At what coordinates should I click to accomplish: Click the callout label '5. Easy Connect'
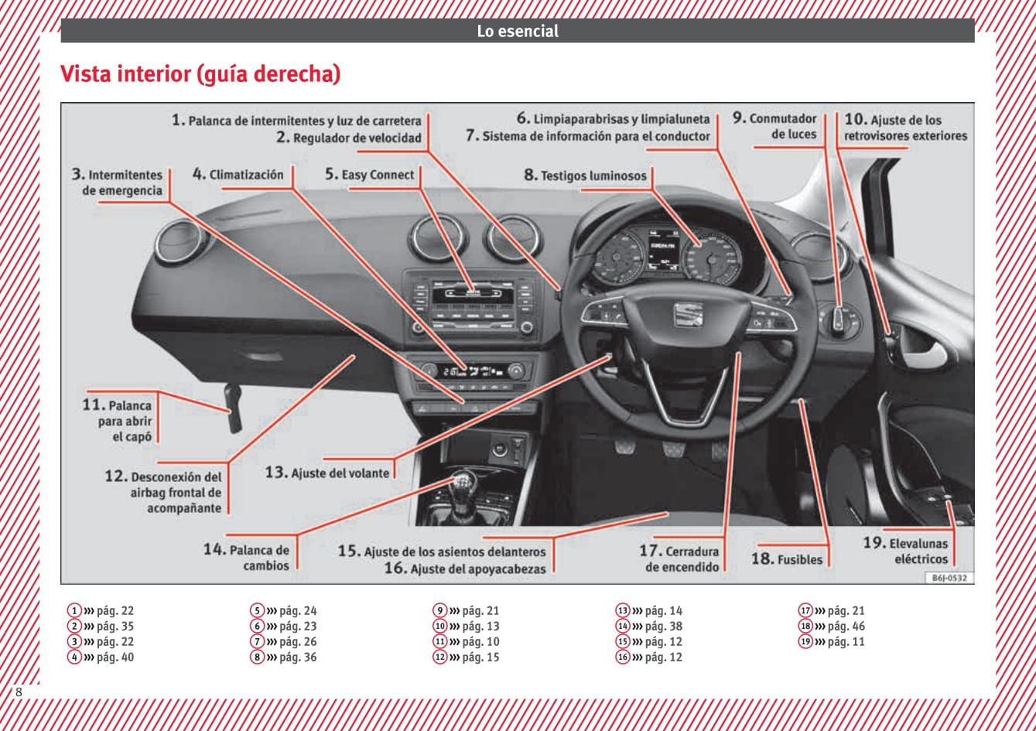point(369,175)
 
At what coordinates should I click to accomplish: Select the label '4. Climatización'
point(238,175)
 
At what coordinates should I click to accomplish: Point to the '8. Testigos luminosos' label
point(585,176)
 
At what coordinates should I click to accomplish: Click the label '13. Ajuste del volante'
point(327,473)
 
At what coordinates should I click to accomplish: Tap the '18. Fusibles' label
point(787,558)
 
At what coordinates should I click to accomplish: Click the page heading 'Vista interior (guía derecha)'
point(200,75)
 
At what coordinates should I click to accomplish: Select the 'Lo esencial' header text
point(518,32)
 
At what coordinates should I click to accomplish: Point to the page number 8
point(19,692)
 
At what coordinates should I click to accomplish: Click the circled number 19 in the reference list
point(805,642)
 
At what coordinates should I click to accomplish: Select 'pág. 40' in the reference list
point(115,658)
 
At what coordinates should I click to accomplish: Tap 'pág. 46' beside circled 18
point(846,627)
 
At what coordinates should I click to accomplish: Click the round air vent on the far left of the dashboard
point(183,241)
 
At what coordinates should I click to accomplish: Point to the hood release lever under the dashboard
point(233,410)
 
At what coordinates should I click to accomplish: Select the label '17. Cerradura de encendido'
point(681,558)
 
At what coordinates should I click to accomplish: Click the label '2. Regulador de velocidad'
point(349,138)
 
